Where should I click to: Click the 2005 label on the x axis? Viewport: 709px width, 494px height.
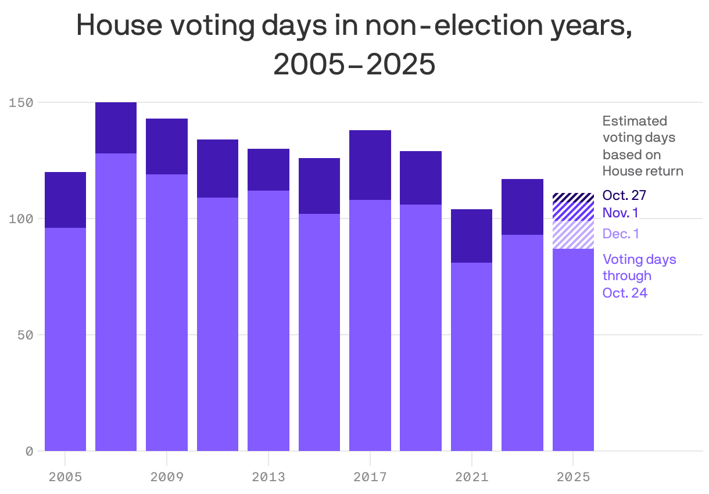(65, 477)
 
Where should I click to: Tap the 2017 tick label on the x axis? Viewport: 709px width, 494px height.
(370, 477)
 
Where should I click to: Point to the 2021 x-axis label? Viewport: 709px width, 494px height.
(472, 477)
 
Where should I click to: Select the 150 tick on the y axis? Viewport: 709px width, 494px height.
(22, 103)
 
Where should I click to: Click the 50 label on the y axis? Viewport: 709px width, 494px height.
(26, 335)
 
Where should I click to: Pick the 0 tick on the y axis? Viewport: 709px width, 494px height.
(30, 452)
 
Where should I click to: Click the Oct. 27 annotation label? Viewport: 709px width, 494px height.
(624, 195)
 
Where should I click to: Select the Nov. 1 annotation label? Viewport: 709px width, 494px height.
(620, 213)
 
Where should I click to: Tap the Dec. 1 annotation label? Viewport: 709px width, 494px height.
(621, 234)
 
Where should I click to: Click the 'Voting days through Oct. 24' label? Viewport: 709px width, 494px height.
(639, 275)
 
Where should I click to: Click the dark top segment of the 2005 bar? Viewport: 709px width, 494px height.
(65, 200)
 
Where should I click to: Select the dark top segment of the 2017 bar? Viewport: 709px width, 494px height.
(370, 165)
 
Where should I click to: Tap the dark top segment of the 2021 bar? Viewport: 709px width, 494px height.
(472, 236)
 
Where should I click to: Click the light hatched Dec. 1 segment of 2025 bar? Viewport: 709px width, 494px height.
(573, 235)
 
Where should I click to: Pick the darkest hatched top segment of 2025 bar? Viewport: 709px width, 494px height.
(573, 196)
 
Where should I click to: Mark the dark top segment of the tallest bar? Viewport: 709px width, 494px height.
(116, 128)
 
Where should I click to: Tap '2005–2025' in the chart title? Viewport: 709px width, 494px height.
(354, 65)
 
